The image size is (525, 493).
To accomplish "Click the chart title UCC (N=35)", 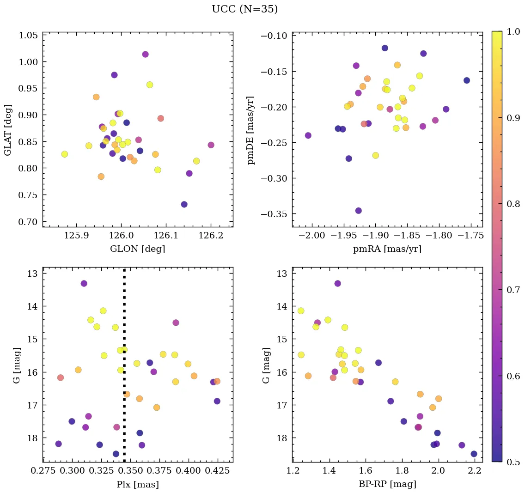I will point(244,9).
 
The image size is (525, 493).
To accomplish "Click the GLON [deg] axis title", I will point(137,249).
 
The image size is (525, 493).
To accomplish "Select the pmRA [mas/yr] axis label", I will point(387,249).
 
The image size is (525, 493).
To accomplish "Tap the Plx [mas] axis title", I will point(137,484).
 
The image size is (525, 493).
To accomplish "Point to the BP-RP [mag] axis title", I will point(387,484).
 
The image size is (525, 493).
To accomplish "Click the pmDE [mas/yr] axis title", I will point(251,130).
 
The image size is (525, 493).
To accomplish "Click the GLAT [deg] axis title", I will point(8,130).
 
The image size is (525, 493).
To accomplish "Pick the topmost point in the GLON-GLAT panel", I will point(145,54).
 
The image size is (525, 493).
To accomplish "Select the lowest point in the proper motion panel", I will point(358,211).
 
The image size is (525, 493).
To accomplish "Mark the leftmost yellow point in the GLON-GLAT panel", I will point(65,154).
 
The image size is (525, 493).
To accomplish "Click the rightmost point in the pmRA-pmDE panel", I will point(467,80).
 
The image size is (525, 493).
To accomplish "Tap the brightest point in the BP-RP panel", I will point(337,283).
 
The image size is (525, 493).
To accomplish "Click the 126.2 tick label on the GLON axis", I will point(211,235).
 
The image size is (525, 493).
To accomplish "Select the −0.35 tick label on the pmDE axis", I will point(274,214).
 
